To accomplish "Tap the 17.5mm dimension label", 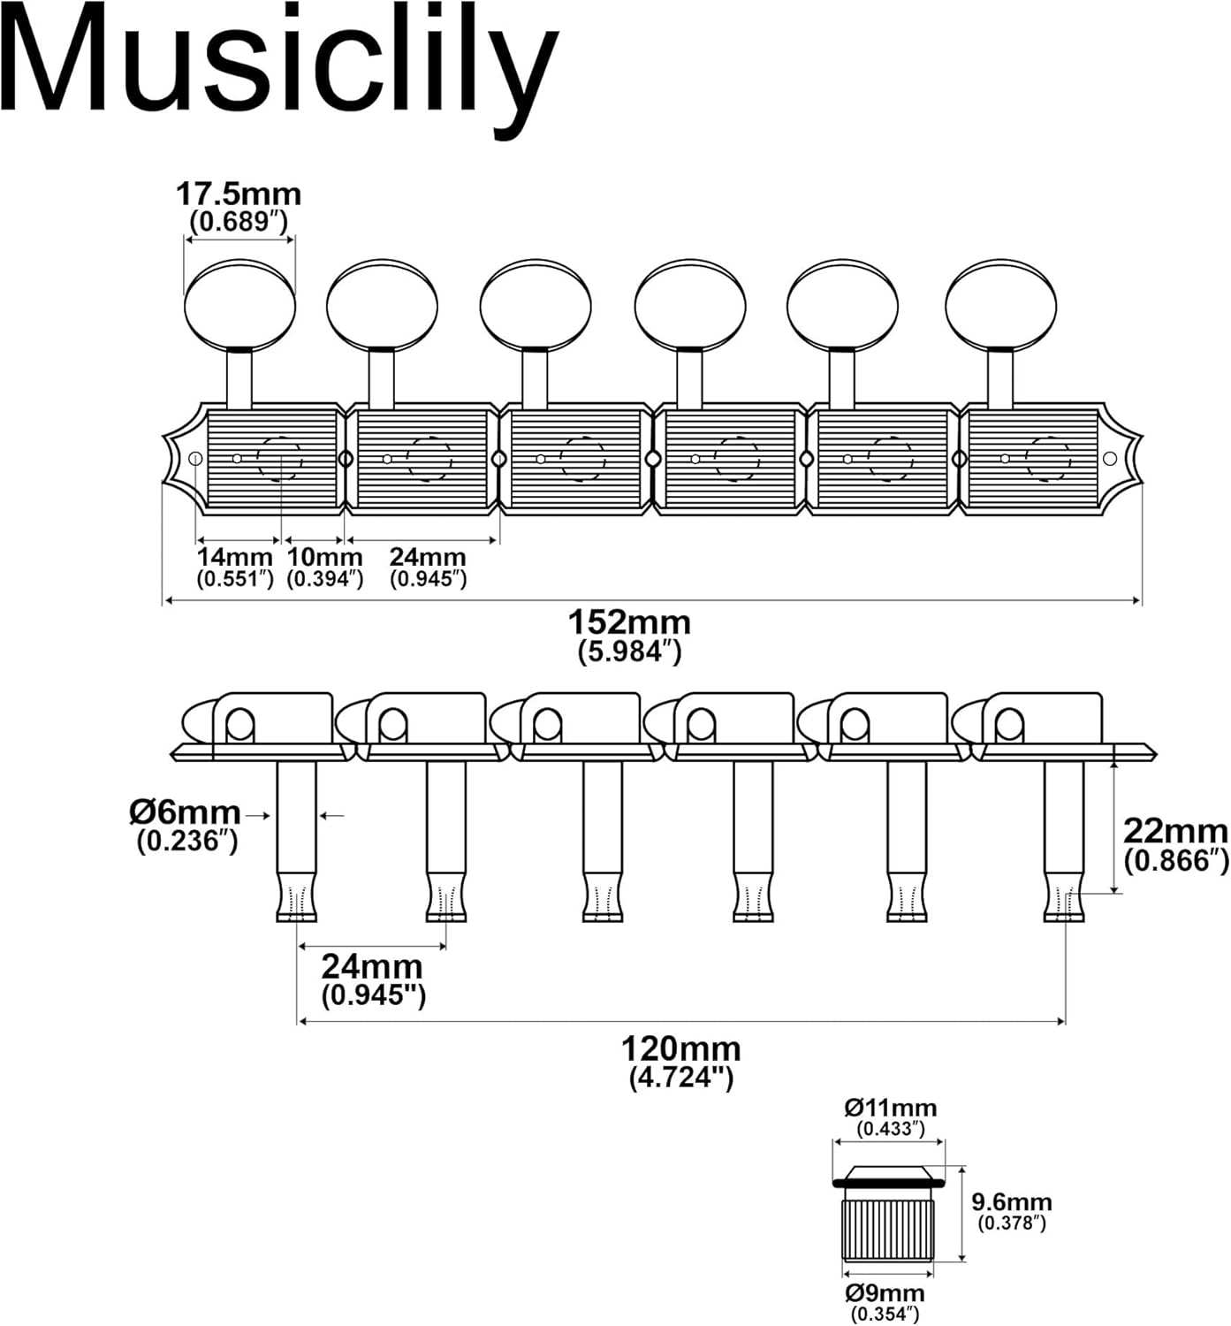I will (239, 194).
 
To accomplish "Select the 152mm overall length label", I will (629, 623).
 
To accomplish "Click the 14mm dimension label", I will (235, 558).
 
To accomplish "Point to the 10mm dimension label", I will (325, 558).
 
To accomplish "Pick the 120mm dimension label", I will (680, 1049).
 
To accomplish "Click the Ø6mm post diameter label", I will (186, 812).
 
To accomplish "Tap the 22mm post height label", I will (1175, 832).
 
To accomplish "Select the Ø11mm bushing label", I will (890, 1108).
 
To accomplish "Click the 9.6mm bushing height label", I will (1012, 1202).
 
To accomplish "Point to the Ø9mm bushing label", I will (885, 1292).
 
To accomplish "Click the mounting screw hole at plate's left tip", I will (196, 458).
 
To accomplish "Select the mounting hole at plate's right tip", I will (1111, 458).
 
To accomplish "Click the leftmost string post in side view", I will (297, 840).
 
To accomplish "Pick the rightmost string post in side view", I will (1064, 840).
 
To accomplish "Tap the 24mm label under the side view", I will (372, 966).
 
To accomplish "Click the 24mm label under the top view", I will (428, 558).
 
